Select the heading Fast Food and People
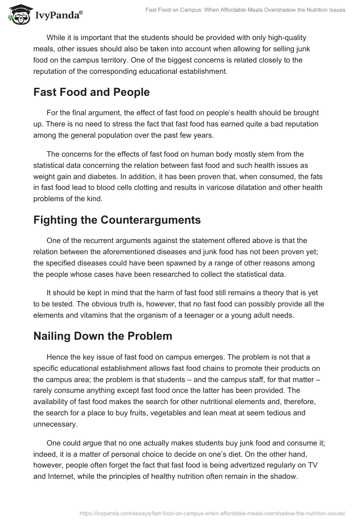(x=91, y=92)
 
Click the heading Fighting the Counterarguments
(x=117, y=220)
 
